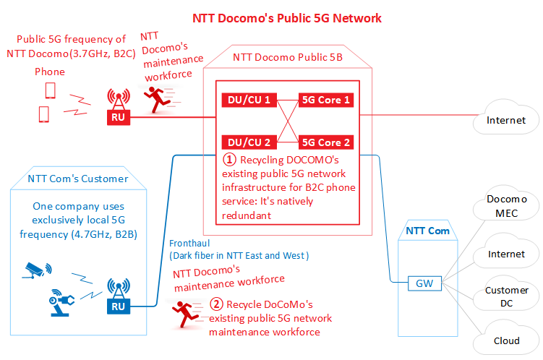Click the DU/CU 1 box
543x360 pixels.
(x=249, y=100)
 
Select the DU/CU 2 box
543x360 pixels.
(x=249, y=142)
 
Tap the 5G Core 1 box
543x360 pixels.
(x=326, y=100)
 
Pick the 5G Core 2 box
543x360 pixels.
(x=326, y=142)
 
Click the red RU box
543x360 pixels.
(x=119, y=117)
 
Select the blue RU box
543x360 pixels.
(x=119, y=307)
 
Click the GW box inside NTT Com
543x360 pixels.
(x=424, y=283)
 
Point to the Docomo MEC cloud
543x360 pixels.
(x=506, y=205)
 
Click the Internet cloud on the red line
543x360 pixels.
(x=506, y=118)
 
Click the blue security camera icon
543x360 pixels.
(x=37, y=270)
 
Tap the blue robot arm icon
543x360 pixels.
(x=61, y=303)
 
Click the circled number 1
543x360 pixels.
(x=229, y=160)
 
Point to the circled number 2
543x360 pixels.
(x=216, y=304)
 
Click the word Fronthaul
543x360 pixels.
(x=189, y=244)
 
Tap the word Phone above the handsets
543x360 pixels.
(x=50, y=72)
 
